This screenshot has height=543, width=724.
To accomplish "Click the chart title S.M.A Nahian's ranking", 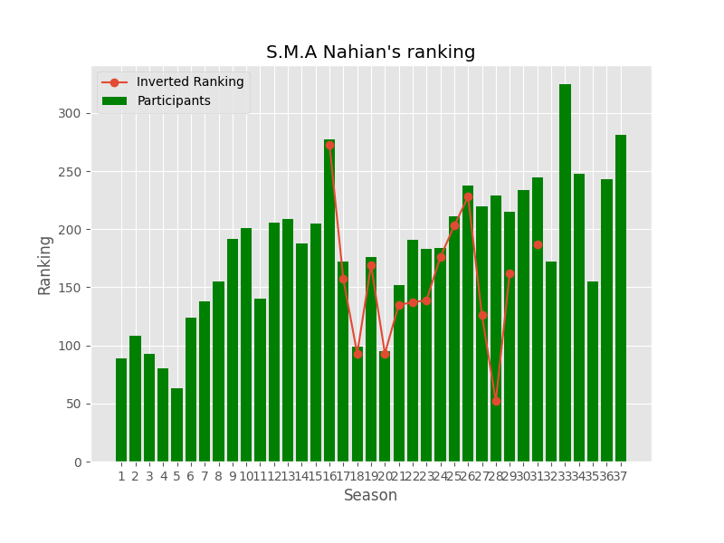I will pos(370,52).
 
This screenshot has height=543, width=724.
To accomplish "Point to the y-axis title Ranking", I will pos(45,264).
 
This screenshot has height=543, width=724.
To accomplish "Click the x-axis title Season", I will pos(370,496).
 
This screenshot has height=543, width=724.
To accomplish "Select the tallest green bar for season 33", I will pos(565,271).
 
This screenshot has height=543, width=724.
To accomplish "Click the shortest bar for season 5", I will pos(176,425).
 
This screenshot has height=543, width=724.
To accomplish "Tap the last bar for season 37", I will pos(621,299).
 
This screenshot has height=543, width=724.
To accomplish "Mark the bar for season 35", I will pos(593,371).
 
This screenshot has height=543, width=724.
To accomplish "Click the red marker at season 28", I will pos(496,401).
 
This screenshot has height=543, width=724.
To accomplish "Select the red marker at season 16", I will pos(329,145).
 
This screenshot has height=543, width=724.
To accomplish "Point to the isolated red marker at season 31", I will pos(538,244).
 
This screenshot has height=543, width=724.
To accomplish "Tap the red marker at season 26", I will pos(468,196).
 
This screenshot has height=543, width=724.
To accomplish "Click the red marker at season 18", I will pos(357,354).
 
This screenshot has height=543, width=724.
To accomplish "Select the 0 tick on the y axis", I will pos(79,462).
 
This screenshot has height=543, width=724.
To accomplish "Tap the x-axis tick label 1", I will pos(121,476).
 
